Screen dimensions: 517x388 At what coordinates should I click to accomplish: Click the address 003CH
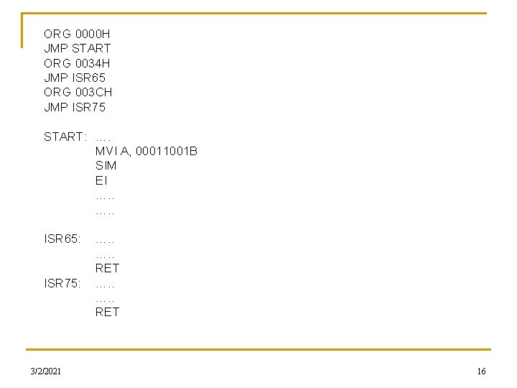pos(93,93)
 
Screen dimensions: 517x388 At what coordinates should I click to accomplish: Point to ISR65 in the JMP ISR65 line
pos(89,78)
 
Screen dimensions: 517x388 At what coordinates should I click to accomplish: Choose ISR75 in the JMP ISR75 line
pos(89,107)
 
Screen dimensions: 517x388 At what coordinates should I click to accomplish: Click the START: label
pos(65,137)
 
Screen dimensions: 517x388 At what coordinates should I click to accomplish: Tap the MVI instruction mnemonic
pos(106,151)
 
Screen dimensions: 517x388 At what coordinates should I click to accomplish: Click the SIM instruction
pos(106,165)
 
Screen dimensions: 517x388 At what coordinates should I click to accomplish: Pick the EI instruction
pos(101,180)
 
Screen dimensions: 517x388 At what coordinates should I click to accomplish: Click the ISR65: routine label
pos(62,239)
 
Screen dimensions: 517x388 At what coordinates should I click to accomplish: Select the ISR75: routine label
pos(62,283)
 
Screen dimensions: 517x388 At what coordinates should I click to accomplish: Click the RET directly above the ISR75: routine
pos(107,268)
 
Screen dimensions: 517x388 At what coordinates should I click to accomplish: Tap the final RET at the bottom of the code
pos(107,312)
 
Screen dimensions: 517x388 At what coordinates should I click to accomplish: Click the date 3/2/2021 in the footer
pos(45,371)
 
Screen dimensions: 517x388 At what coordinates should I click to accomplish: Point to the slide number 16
pos(481,371)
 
